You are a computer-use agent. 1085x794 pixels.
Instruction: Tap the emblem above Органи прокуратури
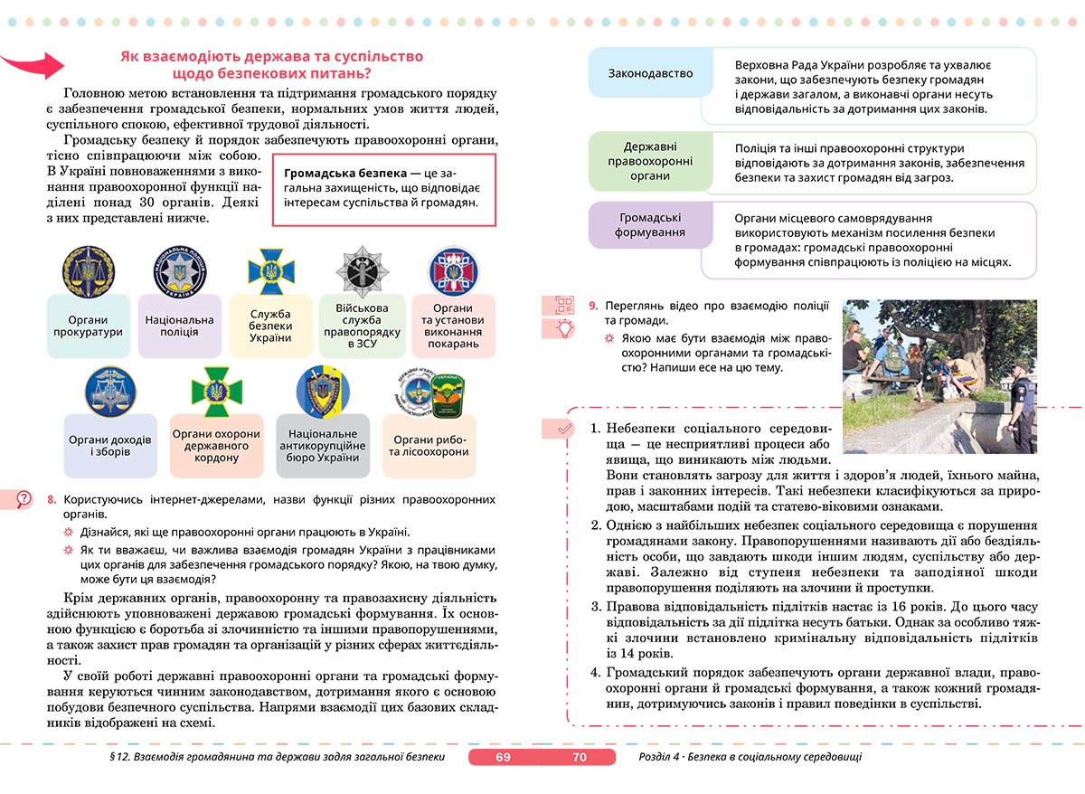tap(88, 269)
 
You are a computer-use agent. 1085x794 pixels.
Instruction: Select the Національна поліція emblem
tap(179, 269)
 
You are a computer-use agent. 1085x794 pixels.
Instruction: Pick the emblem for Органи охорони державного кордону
tap(216, 390)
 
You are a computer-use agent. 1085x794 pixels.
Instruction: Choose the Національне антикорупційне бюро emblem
tap(323, 390)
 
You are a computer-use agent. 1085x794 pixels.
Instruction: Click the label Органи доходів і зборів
tap(110, 446)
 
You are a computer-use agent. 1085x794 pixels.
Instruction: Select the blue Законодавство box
tap(651, 73)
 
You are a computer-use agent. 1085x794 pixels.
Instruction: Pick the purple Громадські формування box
tap(651, 225)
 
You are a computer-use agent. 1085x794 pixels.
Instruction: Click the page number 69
tap(504, 757)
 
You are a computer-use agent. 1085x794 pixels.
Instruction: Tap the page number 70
tap(580, 757)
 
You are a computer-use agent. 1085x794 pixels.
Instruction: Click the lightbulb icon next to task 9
tap(565, 328)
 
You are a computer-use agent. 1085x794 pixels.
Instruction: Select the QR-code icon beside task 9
tap(565, 306)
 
